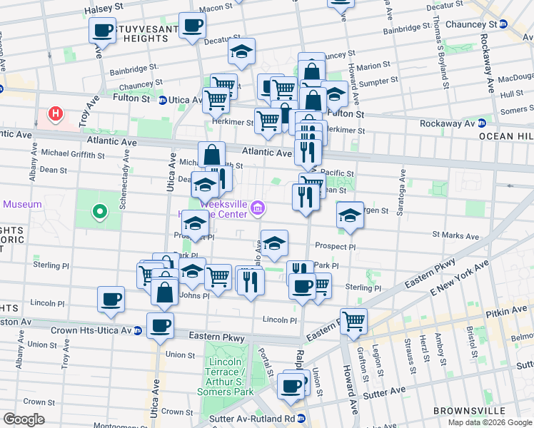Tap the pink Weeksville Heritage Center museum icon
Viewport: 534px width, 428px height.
[258, 208]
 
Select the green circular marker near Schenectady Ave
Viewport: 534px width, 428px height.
[100, 211]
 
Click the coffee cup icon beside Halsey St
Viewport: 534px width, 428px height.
[103, 31]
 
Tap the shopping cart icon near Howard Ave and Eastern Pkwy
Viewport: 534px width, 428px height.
[353, 321]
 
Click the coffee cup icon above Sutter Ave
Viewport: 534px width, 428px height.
[291, 386]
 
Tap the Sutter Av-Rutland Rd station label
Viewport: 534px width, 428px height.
[261, 418]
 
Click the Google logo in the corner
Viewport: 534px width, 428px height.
[24, 419]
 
